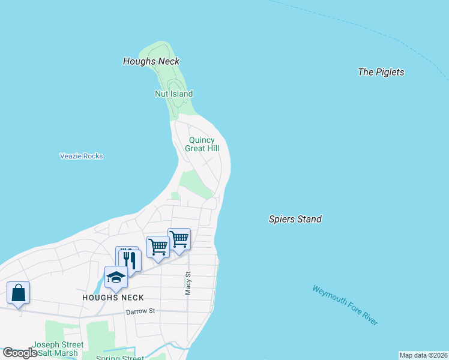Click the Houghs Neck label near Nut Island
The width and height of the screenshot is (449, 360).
coord(151,61)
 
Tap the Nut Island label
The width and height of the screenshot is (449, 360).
coord(173,94)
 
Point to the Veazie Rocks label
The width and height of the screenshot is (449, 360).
coord(82,156)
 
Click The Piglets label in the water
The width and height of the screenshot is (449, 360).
coord(381,72)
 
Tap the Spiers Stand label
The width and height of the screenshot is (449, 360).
coord(295,219)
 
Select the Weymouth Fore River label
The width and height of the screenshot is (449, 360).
coord(345,305)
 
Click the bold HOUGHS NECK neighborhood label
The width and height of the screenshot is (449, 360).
coord(113,298)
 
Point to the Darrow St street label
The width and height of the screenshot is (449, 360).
coord(140,311)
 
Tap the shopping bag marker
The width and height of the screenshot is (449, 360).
coord(19,293)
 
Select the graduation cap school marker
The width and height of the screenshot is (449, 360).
coord(116,277)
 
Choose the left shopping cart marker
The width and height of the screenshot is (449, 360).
coord(158,247)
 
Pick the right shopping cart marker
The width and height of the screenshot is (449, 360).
coord(179,239)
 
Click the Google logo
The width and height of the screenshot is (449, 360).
coord(20,353)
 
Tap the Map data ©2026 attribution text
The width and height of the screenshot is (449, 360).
coord(423,355)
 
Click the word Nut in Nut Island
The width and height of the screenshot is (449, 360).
coord(161,94)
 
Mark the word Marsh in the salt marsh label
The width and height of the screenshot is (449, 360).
coord(67,353)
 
